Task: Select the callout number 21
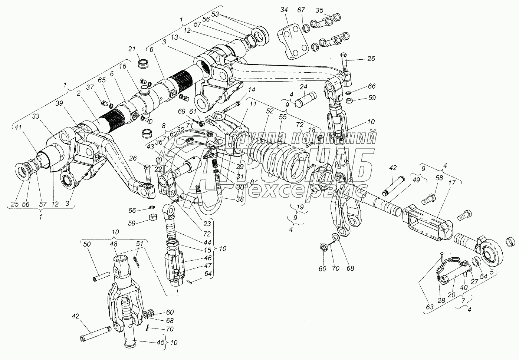[x=132, y=49]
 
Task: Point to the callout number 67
[x=301, y=10]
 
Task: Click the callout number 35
[x=319, y=10]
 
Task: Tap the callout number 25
[x=14, y=204]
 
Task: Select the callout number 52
[x=270, y=111]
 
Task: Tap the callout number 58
[x=439, y=178]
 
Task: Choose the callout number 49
[x=416, y=180]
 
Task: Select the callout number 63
[x=430, y=307]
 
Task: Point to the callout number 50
[x=87, y=244]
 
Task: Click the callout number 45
[x=160, y=342]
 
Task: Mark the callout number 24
[x=303, y=87]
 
